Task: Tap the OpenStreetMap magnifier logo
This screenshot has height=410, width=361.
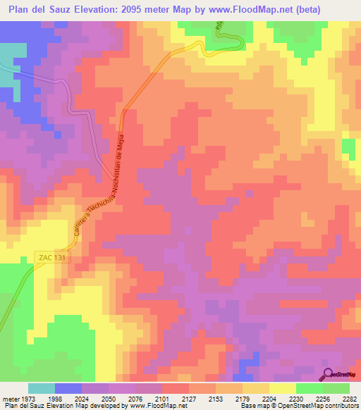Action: [x=329, y=373]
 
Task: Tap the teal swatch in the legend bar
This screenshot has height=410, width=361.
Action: [x=42, y=387]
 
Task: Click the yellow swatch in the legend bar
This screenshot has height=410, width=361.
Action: [x=282, y=387]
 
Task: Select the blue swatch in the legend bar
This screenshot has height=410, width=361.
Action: [x=68, y=387]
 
